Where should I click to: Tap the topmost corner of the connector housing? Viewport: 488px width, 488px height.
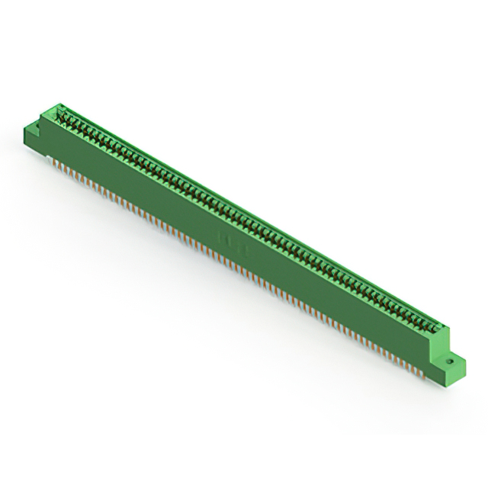[55, 104]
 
